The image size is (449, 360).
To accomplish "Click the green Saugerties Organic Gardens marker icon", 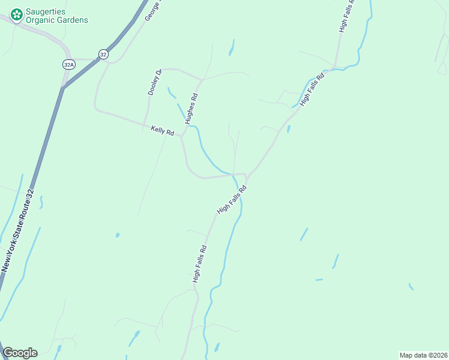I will tap(17, 13).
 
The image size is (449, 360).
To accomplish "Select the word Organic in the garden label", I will tap(40, 20).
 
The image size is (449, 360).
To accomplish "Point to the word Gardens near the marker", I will tap(73, 20).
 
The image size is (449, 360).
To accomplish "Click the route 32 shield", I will tap(104, 54).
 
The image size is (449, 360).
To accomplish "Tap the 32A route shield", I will tap(68, 64).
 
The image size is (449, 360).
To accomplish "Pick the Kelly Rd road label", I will tap(162, 130).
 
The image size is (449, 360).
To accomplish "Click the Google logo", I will tap(20, 353).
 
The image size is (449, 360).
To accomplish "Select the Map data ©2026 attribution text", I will tap(423, 355).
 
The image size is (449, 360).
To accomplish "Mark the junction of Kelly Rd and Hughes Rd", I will tap(181, 136).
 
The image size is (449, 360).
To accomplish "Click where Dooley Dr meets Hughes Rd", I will tap(202, 79).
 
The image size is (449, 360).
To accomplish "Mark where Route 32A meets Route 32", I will tap(62, 88).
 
